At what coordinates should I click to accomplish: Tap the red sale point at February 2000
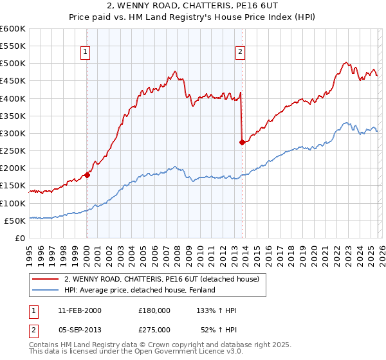point(87,175)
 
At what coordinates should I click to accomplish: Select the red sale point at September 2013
point(241,142)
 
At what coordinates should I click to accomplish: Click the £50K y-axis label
point(15,221)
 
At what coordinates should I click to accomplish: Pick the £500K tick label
point(13,64)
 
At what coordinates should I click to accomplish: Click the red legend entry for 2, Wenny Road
point(161,280)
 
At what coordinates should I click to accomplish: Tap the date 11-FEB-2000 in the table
point(78,310)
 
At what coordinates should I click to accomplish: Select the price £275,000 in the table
point(154,330)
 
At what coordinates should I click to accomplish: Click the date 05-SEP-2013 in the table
point(78,330)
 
